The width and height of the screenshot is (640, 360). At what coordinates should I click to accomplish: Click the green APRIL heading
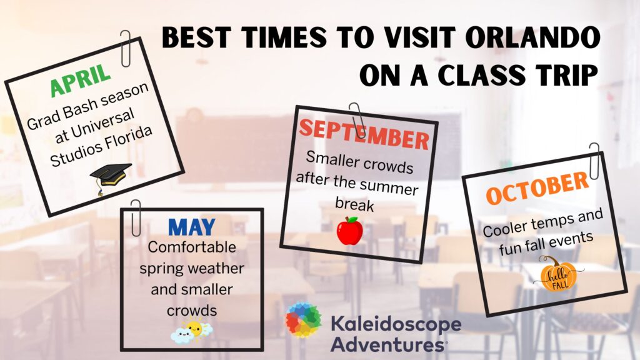(x=81, y=79)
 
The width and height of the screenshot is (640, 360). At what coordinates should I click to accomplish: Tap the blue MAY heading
(x=191, y=227)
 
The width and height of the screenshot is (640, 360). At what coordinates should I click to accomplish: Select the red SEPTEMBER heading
(x=364, y=134)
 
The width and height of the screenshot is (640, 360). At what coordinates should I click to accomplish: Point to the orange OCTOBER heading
(x=537, y=187)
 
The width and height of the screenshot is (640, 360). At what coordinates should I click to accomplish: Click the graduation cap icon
(x=110, y=178)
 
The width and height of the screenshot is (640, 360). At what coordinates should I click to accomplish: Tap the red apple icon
(x=350, y=231)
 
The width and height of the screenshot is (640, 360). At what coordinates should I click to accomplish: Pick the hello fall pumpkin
(x=558, y=274)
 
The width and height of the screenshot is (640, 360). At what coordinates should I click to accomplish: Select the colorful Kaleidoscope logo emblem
(x=303, y=319)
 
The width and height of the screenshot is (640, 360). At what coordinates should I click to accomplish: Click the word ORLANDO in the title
(x=532, y=37)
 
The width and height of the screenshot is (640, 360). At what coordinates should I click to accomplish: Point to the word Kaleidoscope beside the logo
(x=396, y=324)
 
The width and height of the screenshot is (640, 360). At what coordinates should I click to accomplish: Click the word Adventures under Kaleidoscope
(x=387, y=344)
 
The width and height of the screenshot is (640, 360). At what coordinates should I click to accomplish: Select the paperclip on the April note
(x=126, y=49)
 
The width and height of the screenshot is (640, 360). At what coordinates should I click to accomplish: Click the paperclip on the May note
(x=136, y=217)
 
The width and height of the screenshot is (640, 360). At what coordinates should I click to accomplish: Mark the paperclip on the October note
(x=594, y=161)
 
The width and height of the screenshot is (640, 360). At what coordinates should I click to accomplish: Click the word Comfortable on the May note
(x=192, y=247)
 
